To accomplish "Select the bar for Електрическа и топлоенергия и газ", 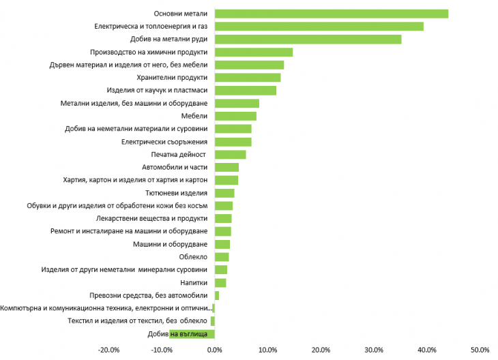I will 319,27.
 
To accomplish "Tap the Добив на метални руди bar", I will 308,39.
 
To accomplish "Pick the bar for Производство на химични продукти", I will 253,52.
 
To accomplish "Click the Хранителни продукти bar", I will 248,78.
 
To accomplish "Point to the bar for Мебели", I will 235,116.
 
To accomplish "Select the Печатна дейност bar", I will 230,155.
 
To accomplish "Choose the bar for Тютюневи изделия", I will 224,193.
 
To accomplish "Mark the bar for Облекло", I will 222,257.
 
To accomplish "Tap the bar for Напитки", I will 220,283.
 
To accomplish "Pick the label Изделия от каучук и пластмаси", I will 158,91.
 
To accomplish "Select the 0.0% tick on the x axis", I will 215,350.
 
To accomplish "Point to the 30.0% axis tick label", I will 374,350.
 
